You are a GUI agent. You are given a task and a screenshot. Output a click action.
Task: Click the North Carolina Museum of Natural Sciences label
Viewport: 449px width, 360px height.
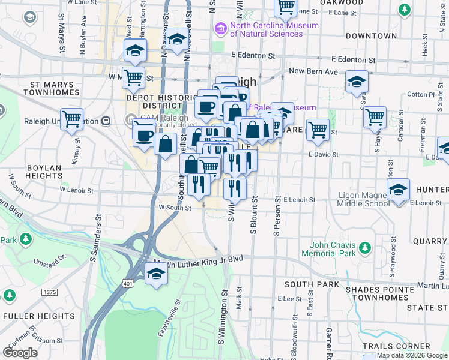coord(275,29)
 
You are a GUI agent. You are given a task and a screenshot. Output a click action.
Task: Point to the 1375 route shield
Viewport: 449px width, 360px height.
coord(50,292)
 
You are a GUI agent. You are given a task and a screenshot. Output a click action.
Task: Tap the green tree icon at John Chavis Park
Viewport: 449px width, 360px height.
coord(364,248)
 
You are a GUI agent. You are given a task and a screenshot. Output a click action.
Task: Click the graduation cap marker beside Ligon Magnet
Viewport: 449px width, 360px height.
coord(398,191)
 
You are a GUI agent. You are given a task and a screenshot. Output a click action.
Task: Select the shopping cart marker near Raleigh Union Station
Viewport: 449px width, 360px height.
coord(72,119)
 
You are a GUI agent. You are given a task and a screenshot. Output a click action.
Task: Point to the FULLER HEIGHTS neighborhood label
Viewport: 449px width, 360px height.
coord(30,316)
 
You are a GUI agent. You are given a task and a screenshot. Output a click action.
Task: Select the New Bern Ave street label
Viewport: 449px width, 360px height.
coord(313,71)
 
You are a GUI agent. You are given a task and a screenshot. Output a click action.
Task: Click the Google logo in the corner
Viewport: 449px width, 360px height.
coord(20,353)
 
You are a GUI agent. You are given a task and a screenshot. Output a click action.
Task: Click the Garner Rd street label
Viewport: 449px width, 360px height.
coord(330,340)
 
